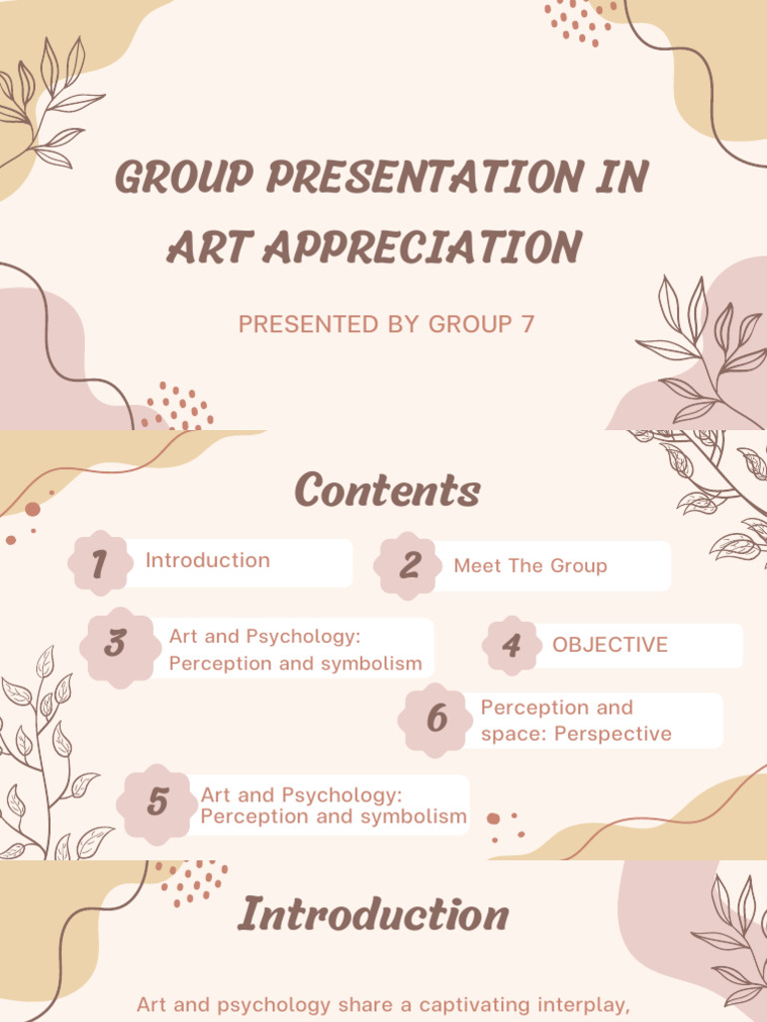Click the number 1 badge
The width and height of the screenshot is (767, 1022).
coord(99,564)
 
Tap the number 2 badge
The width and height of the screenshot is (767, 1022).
coord(408,566)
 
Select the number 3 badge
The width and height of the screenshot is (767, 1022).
coord(116,644)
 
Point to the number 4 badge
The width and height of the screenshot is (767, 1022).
coord(511,645)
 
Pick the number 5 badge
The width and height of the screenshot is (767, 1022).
coord(157,802)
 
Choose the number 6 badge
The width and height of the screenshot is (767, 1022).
coord(436,719)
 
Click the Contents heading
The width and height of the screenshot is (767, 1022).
coord(387,490)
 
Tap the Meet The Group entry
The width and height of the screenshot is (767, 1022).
coord(530,566)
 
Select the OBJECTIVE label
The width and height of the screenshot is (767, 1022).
coord(610,645)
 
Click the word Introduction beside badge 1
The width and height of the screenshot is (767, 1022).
coord(208,560)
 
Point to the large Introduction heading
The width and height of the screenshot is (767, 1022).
coord(374,914)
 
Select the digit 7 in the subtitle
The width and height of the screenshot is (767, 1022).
coord(528,324)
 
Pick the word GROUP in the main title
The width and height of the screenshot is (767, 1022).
coord(183,179)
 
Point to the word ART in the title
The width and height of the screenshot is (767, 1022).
coord(198,248)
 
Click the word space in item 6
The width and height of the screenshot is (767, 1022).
coord(507,734)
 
